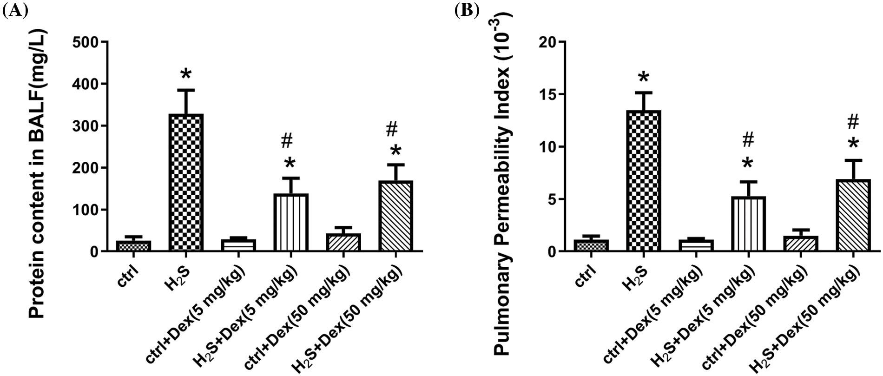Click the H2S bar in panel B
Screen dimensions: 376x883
coord(643,181)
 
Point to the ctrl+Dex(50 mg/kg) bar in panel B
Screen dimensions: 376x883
coord(800,244)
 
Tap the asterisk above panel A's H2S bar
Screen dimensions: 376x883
coord(185,74)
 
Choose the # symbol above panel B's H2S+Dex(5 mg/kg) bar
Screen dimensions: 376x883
coord(748,139)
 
